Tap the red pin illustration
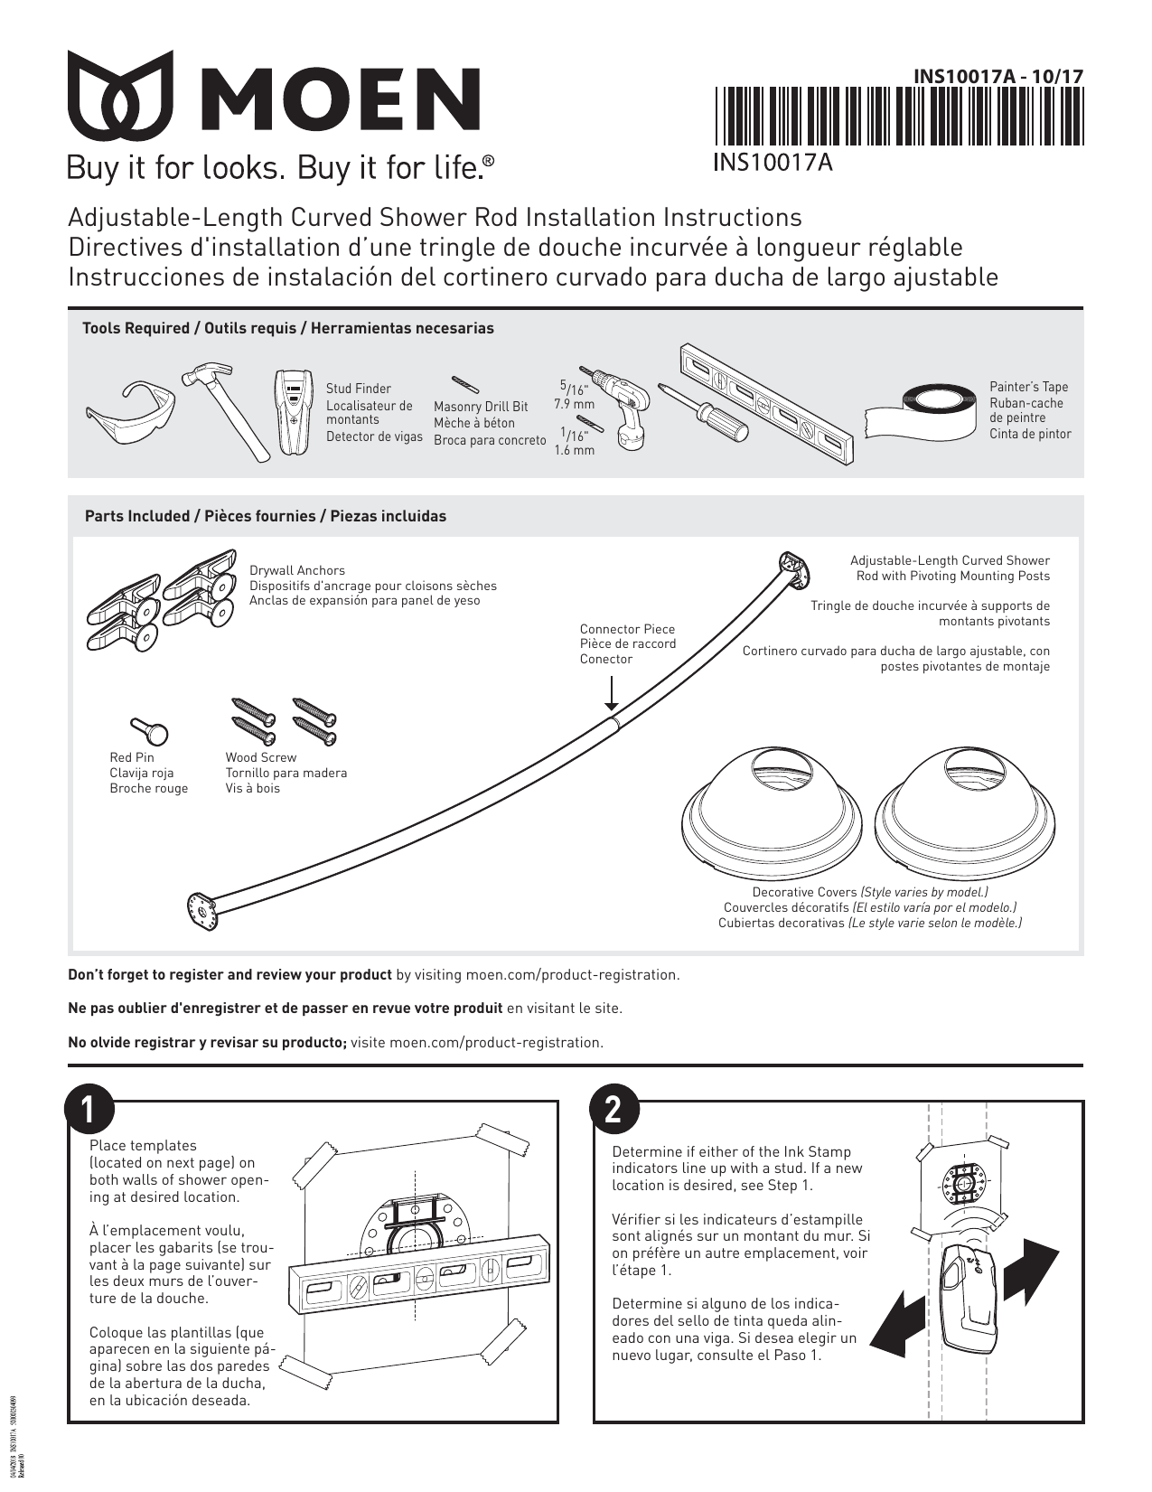tap(148, 727)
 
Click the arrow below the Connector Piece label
tap(612, 693)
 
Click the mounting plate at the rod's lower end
tap(202, 910)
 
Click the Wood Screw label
tap(260, 757)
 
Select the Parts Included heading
tap(265, 517)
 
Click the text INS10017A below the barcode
tap(773, 162)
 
